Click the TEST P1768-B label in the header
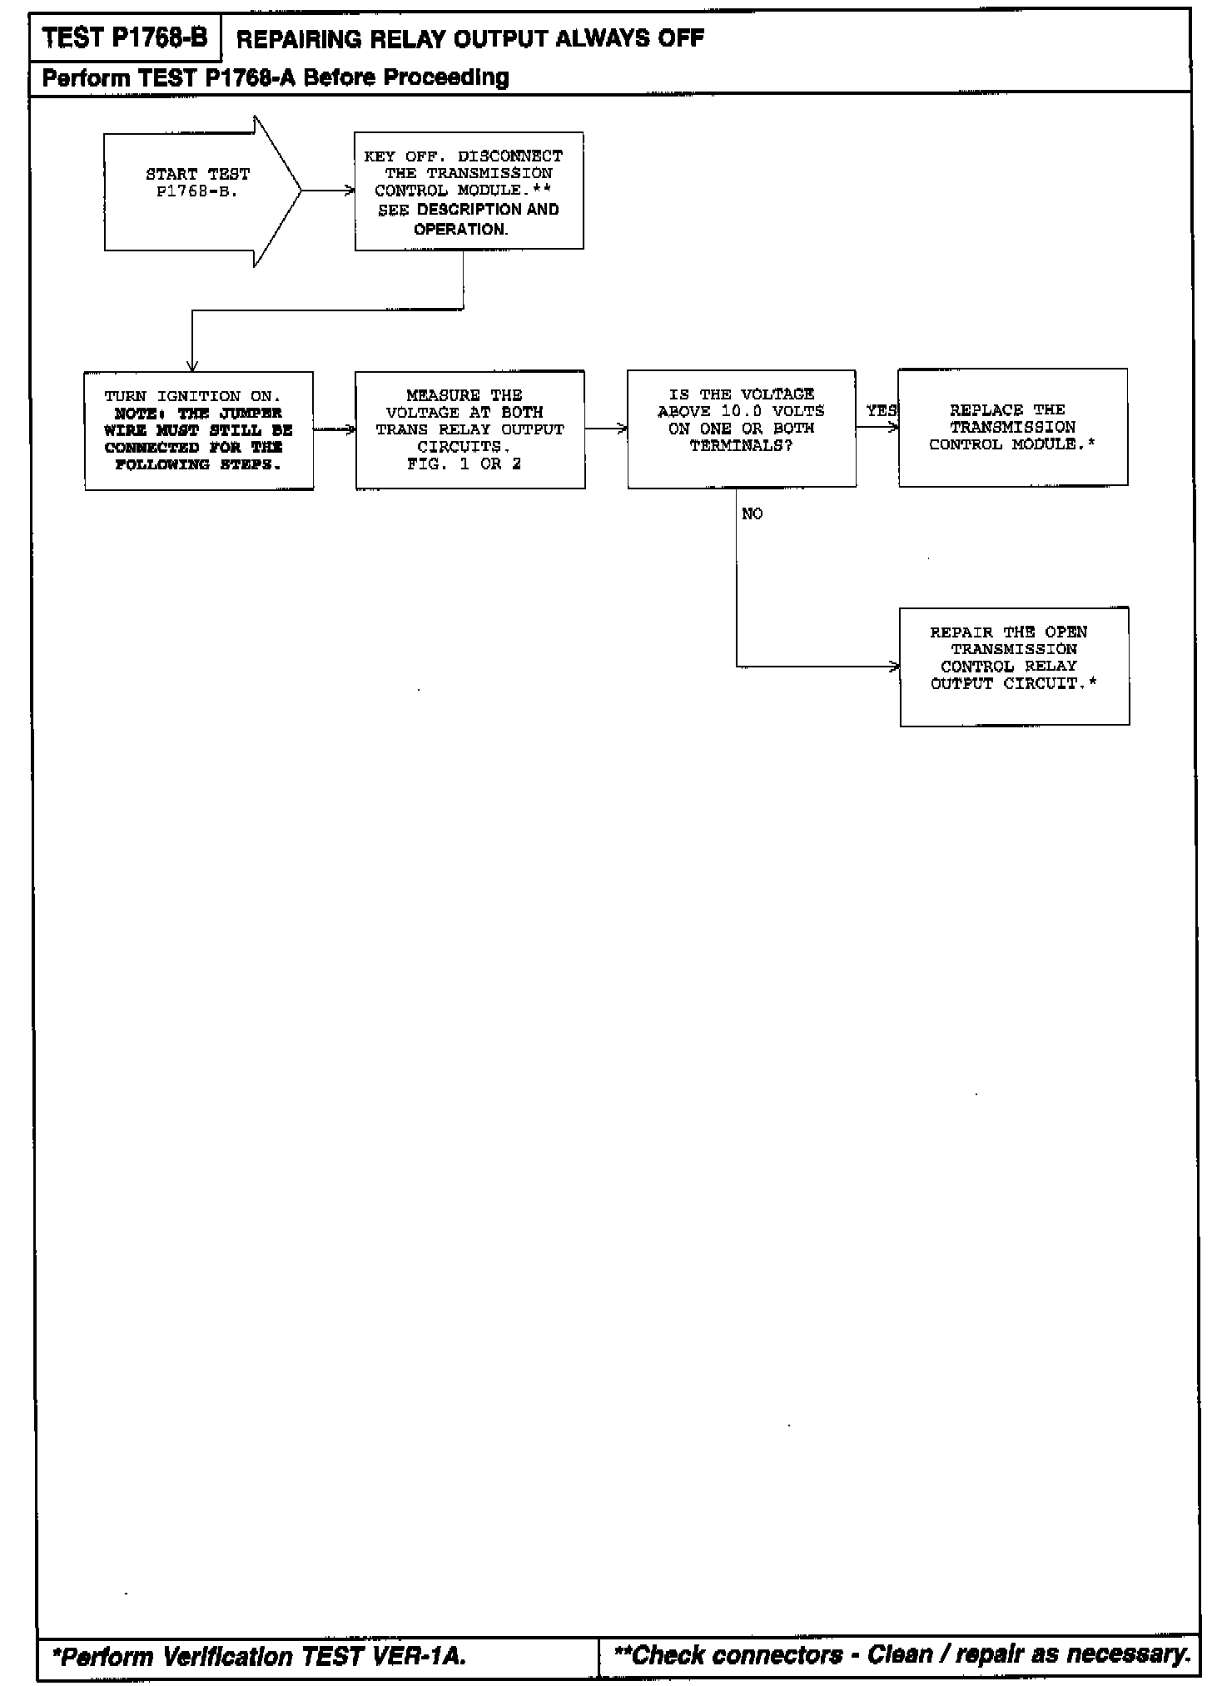pyautogui.click(x=125, y=37)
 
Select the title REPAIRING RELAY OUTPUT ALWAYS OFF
pyautogui.click(x=470, y=38)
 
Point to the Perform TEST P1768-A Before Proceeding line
pyautogui.click(x=276, y=78)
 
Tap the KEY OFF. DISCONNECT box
pyautogui.click(x=469, y=191)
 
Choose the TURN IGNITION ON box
pyautogui.click(x=199, y=430)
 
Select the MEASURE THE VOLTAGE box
pyautogui.click(x=469, y=429)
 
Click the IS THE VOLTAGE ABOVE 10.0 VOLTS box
pyautogui.click(x=741, y=429)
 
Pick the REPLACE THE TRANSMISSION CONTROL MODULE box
pyautogui.click(x=1012, y=428)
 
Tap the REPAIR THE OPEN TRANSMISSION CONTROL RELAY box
pyautogui.click(x=1014, y=667)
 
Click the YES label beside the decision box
pyautogui.click(x=881, y=410)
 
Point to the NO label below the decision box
pyautogui.click(x=752, y=514)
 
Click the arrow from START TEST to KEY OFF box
pyautogui.click(x=328, y=191)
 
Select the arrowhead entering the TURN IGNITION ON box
pyautogui.click(x=192, y=365)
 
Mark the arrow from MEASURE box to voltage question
pyautogui.click(x=606, y=429)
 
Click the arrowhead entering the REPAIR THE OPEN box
pyautogui.click(x=894, y=667)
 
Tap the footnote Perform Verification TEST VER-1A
pyautogui.click(x=259, y=1657)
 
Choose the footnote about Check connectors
pyautogui.click(x=902, y=1655)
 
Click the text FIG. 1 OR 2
pyautogui.click(x=464, y=464)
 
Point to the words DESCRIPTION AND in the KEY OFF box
pyautogui.click(x=488, y=210)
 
